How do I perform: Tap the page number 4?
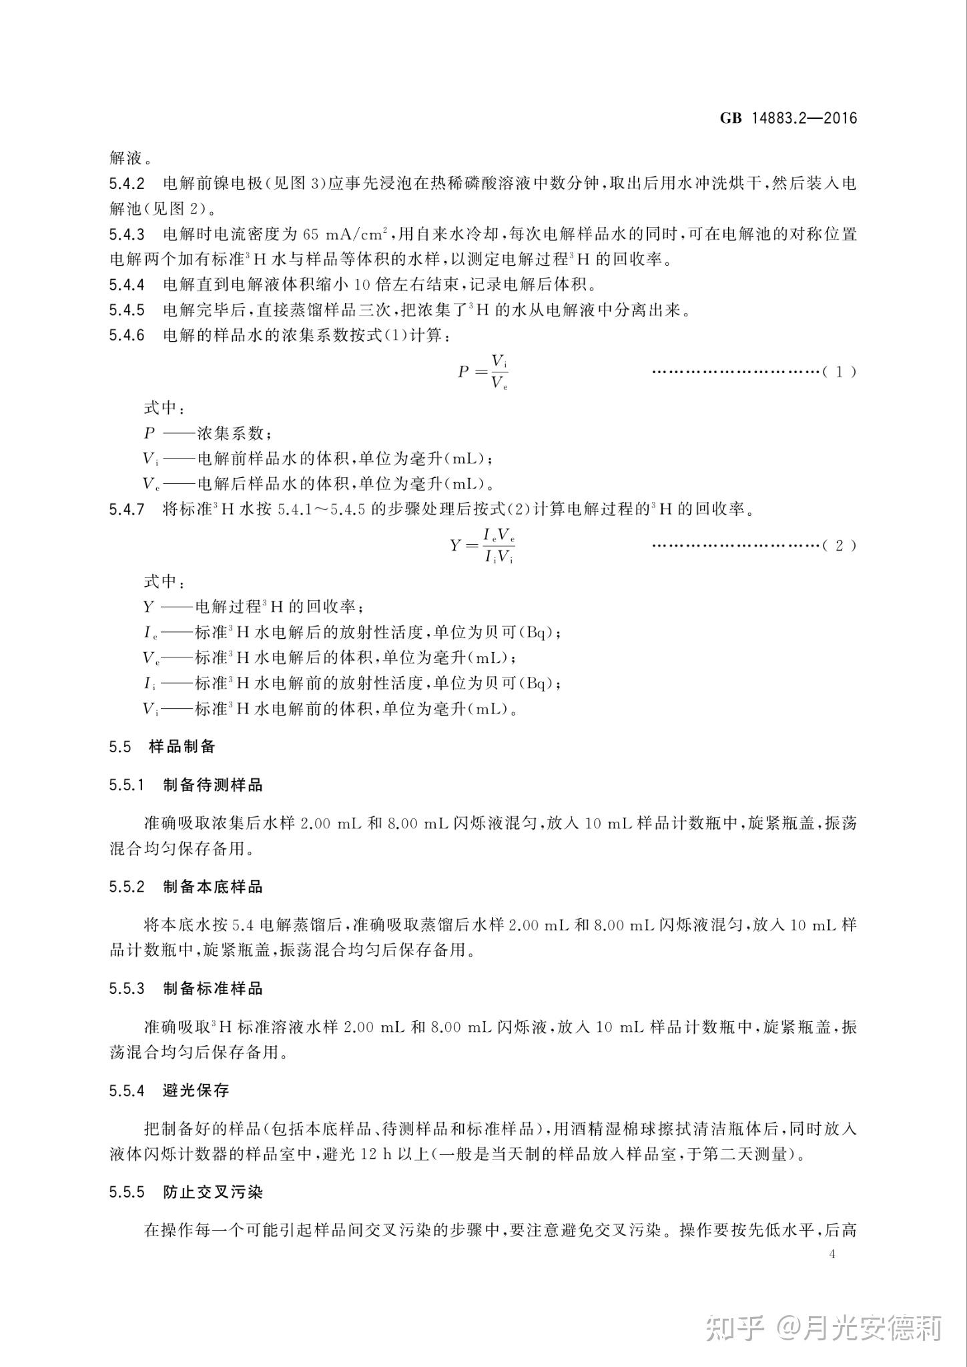(x=832, y=1254)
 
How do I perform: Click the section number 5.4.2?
(x=127, y=183)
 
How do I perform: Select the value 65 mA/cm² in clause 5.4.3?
(x=345, y=234)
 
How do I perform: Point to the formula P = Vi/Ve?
(x=483, y=372)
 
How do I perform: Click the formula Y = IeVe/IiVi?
(x=482, y=546)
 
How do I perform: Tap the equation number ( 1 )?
(x=839, y=372)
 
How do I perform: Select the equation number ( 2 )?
(x=839, y=546)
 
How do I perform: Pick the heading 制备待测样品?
(x=213, y=785)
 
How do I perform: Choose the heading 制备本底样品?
(x=213, y=886)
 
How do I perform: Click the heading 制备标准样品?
(x=213, y=989)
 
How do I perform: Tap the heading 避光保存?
(x=196, y=1091)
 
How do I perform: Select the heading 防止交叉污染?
(x=213, y=1192)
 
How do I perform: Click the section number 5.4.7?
(x=127, y=510)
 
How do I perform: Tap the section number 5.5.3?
(x=127, y=989)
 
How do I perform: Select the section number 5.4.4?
(x=127, y=285)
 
